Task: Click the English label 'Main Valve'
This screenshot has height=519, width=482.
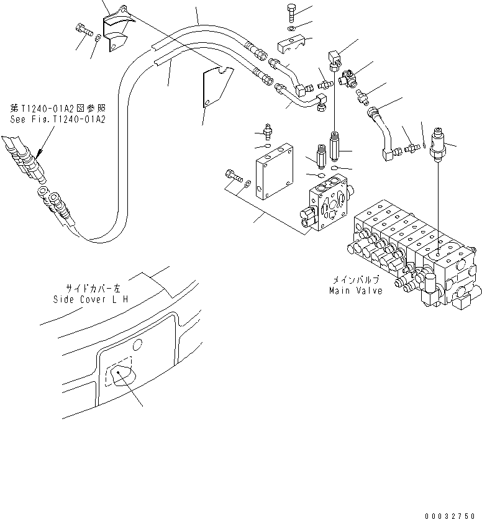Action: point(357,291)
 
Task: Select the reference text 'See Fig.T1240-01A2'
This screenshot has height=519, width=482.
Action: point(57,117)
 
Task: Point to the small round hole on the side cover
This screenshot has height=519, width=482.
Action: point(139,343)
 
